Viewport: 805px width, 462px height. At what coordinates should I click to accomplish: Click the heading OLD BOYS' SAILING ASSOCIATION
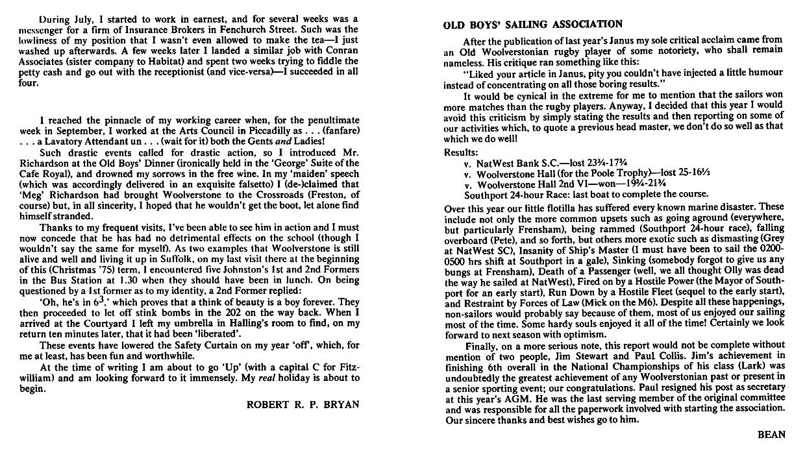coord(532,25)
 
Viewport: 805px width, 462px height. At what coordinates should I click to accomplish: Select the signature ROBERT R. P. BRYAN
coord(302,405)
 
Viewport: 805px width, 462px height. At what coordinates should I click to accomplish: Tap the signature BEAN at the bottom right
coord(771,435)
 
